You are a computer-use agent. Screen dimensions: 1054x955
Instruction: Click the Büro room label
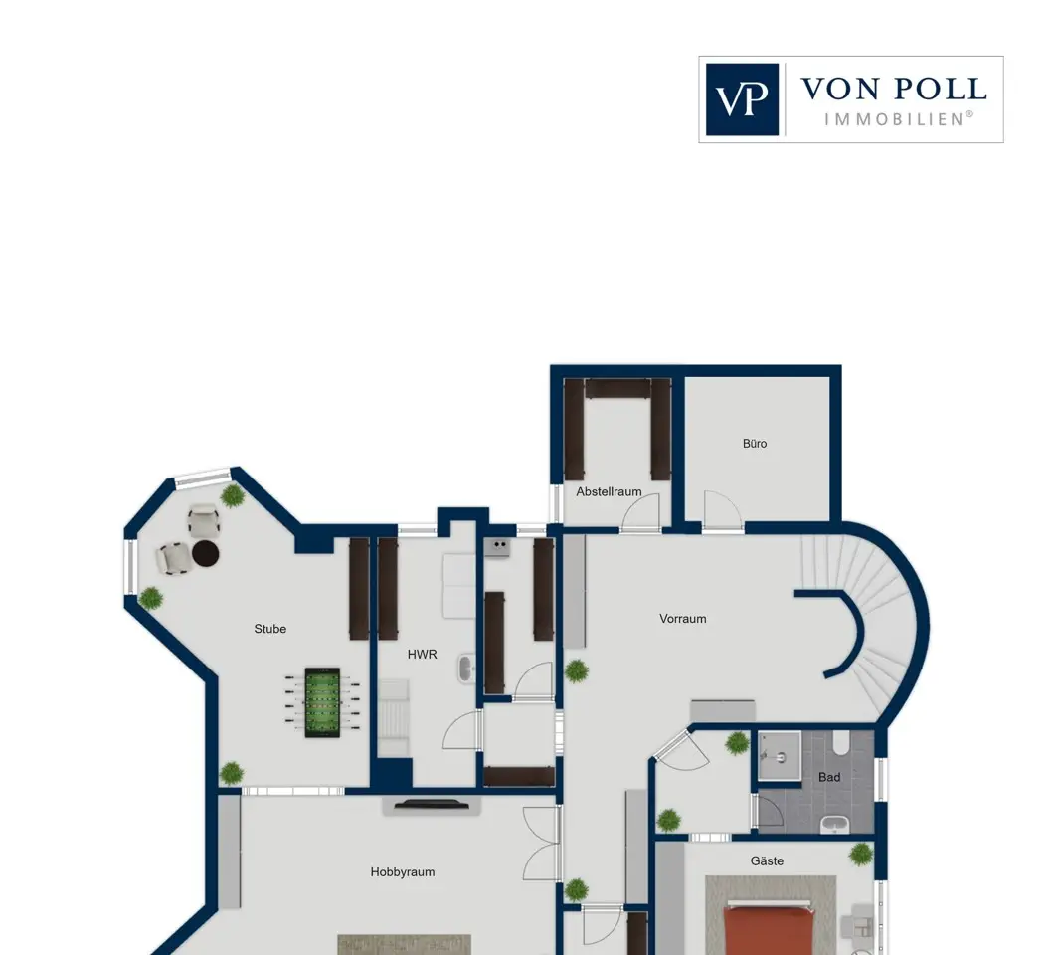pos(754,444)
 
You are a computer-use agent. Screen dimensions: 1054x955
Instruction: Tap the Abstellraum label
pos(609,491)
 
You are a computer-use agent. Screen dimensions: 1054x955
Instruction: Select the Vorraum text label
pos(682,619)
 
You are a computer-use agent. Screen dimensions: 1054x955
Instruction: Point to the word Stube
pos(269,629)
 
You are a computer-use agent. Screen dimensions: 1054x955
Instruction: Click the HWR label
pos(423,654)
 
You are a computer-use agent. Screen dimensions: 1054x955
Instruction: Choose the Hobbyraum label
pos(402,872)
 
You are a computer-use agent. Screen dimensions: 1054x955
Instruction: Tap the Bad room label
pos(829,778)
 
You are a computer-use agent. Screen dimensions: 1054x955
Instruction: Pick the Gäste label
pos(767,860)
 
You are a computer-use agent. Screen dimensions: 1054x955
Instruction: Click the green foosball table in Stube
pos(322,702)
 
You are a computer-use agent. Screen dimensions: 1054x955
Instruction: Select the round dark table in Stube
pos(206,553)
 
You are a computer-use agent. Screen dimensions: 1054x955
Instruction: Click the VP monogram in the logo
pos(742,99)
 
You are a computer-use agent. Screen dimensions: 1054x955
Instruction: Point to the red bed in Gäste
pos(771,931)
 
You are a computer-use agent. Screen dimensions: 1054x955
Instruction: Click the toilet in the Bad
pos(841,742)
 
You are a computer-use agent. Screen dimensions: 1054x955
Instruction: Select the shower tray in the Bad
pos(780,756)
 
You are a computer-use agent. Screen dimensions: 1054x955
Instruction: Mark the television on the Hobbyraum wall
pos(432,804)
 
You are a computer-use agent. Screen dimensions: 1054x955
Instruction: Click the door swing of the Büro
pos(723,511)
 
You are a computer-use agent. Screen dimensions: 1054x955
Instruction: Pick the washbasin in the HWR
pos(466,669)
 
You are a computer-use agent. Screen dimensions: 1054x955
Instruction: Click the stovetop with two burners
pos(497,547)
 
